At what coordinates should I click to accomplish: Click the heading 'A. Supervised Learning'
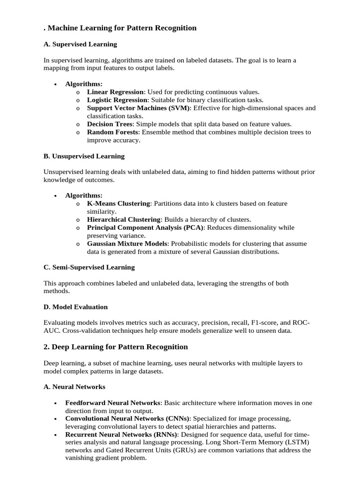(x=80, y=44)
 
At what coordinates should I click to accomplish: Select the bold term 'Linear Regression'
(x=116, y=92)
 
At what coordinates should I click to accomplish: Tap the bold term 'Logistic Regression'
(x=117, y=100)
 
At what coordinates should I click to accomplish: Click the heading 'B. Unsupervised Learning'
(x=84, y=156)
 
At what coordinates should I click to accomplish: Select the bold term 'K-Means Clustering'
(x=119, y=203)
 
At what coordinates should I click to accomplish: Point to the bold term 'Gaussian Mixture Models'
(x=127, y=243)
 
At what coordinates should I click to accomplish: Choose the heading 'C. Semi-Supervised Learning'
(x=89, y=267)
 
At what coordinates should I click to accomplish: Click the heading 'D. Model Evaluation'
(x=75, y=307)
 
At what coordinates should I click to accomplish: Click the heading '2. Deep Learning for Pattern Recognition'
(x=116, y=347)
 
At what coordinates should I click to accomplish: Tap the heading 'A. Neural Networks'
(x=74, y=387)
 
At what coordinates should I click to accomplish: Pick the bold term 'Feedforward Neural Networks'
(x=113, y=403)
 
